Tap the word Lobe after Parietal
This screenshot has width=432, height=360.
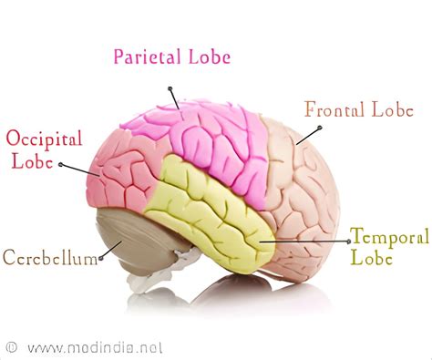coord(207,57)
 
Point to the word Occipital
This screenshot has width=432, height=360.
coord(45,139)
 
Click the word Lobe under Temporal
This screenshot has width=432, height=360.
coord(372,258)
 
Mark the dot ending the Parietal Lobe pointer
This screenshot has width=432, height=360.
coord(170,87)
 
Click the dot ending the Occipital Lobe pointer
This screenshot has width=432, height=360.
coord(60,165)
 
